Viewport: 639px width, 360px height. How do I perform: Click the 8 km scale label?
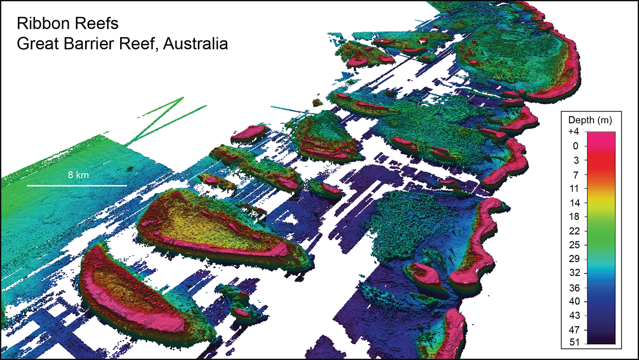[78, 175]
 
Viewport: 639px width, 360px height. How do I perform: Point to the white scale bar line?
[77, 186]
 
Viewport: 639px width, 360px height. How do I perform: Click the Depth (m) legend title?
[590, 120]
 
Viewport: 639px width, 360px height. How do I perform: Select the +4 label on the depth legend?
[573, 132]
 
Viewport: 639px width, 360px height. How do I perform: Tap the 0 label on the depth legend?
[576, 146]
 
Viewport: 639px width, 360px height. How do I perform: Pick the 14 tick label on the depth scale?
[575, 203]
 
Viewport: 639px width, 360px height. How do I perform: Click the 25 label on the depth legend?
[574, 245]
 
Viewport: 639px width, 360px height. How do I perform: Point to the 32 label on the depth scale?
[574, 273]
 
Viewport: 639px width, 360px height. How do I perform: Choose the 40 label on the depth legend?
[574, 301]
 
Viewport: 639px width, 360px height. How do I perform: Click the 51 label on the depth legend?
[574, 342]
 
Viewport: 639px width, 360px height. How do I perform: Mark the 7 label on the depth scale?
[576, 175]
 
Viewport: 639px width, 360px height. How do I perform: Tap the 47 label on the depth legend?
[574, 330]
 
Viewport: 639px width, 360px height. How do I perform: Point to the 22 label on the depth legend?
[574, 231]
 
